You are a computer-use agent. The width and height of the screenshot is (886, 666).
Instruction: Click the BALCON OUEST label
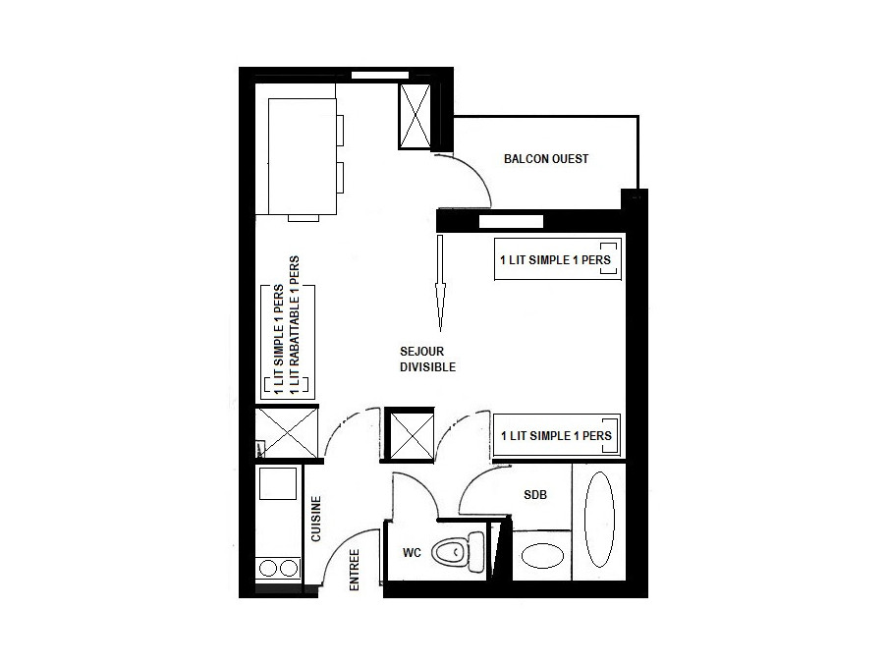(x=546, y=159)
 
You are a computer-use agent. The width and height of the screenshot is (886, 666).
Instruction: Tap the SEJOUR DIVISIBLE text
(x=427, y=359)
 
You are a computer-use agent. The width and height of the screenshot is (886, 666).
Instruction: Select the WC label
(x=412, y=552)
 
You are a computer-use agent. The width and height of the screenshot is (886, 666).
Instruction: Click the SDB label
(x=535, y=495)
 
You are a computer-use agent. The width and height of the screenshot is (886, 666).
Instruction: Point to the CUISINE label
(x=316, y=519)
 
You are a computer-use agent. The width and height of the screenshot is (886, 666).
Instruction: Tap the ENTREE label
(x=355, y=570)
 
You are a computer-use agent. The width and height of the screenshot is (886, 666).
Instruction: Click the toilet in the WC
(x=458, y=551)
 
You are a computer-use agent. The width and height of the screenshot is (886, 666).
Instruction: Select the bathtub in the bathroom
(x=599, y=519)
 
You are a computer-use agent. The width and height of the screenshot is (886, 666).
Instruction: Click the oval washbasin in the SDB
(x=542, y=556)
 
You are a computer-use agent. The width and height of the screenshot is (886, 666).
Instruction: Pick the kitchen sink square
(x=277, y=483)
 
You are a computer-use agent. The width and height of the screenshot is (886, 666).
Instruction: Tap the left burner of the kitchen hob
(x=268, y=568)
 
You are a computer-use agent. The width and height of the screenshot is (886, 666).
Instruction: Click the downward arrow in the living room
(x=440, y=283)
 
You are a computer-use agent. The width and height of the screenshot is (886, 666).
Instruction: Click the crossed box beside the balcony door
(x=415, y=116)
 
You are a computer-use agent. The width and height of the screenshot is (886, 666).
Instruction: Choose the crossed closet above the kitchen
(x=287, y=432)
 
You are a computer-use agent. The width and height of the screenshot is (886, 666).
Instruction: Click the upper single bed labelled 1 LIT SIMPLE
(x=558, y=259)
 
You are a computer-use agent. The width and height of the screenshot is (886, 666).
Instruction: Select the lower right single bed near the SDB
(x=557, y=435)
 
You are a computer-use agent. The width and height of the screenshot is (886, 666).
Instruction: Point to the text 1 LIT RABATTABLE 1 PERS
(x=295, y=325)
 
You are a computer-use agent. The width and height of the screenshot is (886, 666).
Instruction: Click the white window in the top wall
(x=380, y=75)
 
